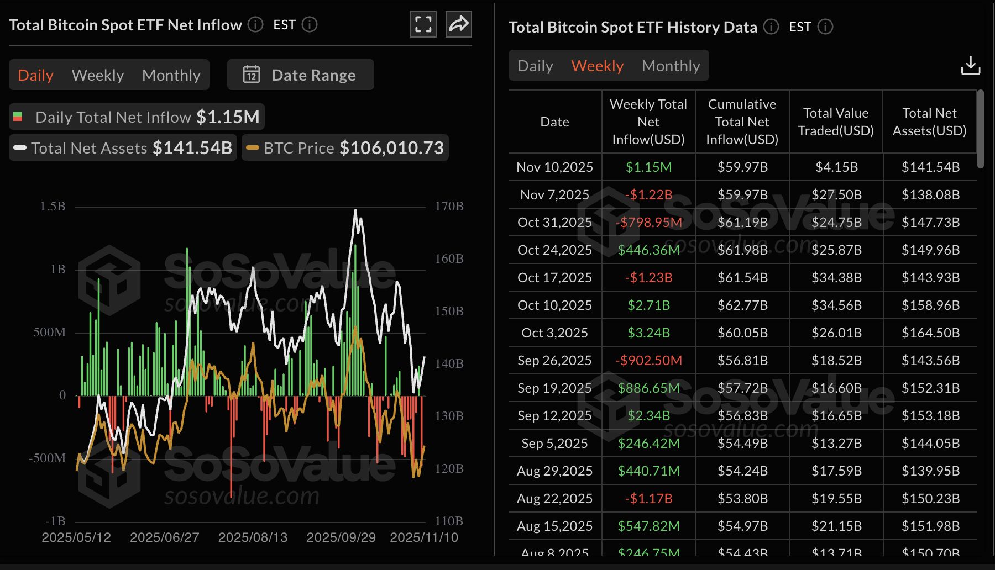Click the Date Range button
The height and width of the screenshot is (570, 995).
[x=300, y=75]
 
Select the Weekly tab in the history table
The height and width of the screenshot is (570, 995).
[x=597, y=66]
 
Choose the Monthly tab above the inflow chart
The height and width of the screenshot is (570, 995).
[x=171, y=75]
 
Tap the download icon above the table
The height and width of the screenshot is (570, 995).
[x=970, y=65]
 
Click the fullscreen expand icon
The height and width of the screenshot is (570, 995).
[x=423, y=24]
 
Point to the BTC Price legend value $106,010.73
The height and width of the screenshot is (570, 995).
[x=391, y=148]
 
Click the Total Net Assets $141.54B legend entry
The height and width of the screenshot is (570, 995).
[x=123, y=148]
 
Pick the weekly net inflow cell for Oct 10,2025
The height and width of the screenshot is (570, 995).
[x=648, y=305]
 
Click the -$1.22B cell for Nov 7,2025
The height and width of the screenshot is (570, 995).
[x=648, y=194]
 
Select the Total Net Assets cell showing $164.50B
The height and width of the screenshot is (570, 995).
[x=930, y=332]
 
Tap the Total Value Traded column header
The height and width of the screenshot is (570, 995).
[x=836, y=122]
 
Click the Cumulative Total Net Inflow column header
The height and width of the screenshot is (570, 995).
[x=742, y=122]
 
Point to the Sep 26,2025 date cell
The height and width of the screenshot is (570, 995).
[x=554, y=360]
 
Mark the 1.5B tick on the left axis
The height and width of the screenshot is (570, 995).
[x=53, y=207]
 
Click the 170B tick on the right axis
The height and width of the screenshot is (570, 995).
[x=449, y=207]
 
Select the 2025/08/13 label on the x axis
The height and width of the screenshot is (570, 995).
[x=253, y=537]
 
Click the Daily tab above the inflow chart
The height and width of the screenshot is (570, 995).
[x=35, y=75]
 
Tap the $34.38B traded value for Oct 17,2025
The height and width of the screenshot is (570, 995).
[x=836, y=277]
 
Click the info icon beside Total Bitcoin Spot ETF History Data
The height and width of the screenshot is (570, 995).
[x=771, y=27]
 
